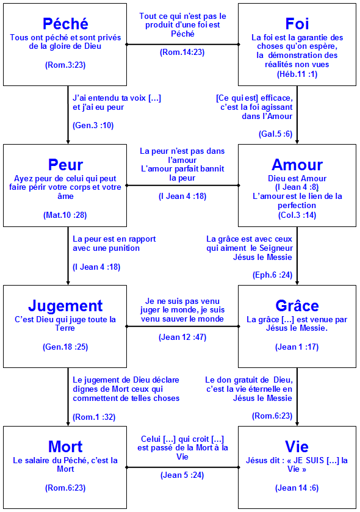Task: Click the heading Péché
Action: tap(65, 24)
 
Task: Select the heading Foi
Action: tap(297, 24)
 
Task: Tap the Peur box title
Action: tap(65, 165)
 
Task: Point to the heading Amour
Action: tap(297, 165)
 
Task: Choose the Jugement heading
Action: tap(65, 306)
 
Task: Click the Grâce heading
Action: tap(297, 306)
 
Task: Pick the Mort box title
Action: tap(65, 447)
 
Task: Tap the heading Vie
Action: tap(297, 447)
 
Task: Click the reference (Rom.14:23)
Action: tap(182, 52)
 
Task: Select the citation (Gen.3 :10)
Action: tap(93, 125)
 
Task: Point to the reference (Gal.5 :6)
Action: tap(275, 134)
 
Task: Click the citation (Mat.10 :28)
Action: tap(65, 215)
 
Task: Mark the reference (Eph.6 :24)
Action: tap(273, 275)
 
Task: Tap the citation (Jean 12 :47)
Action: tap(182, 337)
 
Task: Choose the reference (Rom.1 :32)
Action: tap(94, 417)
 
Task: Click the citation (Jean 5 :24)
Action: tap(182, 475)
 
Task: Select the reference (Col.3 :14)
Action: tap(297, 215)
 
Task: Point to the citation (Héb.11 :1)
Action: tap(297, 74)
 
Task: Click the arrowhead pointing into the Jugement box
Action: tap(68, 283)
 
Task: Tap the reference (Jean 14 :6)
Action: tap(297, 488)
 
